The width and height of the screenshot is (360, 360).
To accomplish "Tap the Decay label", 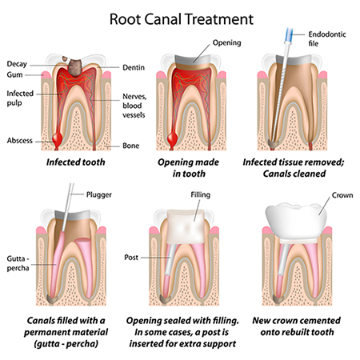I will (18, 63).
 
